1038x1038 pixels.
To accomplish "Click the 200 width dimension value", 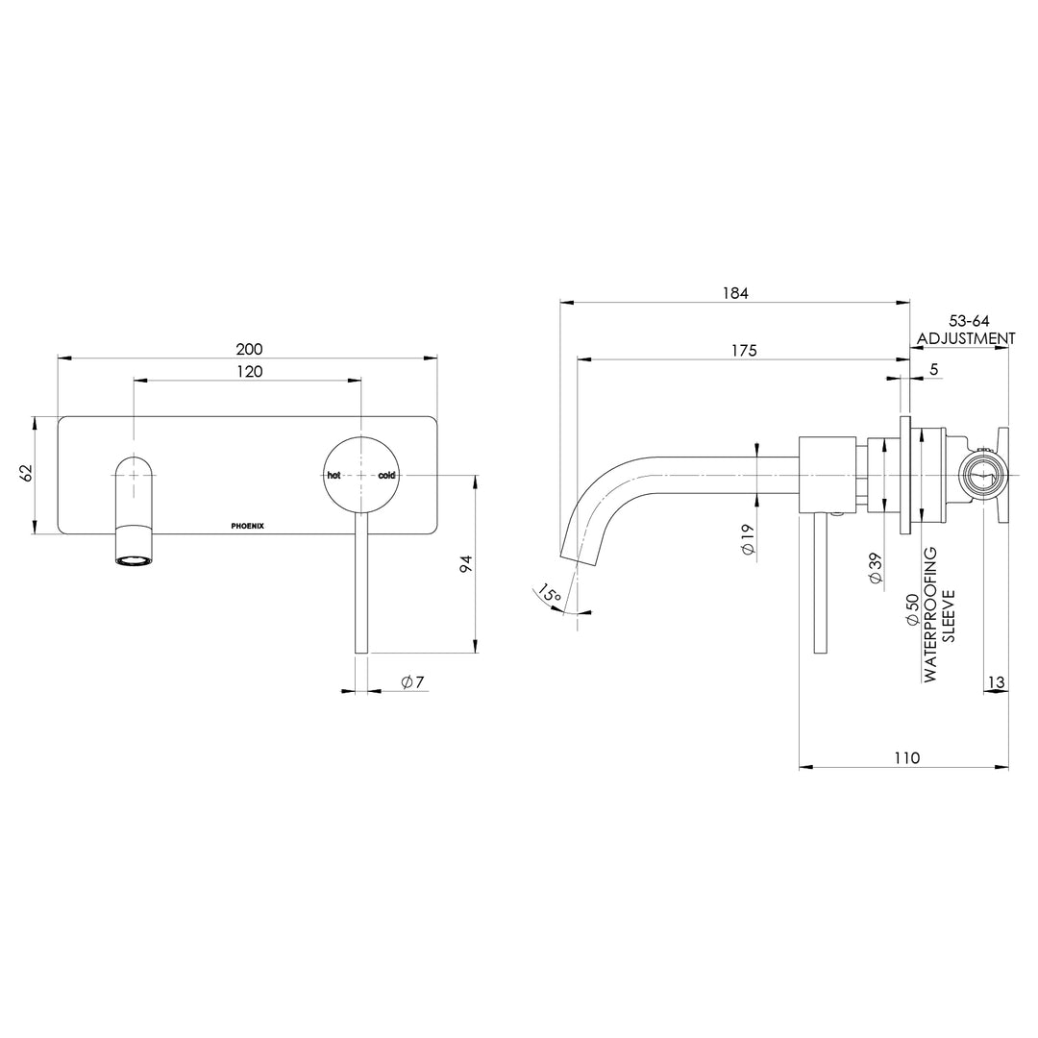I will [249, 348].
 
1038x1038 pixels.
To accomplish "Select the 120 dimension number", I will [249, 371].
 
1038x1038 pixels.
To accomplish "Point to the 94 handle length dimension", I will [465, 565].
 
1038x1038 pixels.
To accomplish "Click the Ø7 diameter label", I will [412, 681].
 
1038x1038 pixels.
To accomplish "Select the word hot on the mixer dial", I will [334, 476].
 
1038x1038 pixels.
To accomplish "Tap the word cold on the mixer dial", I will [386, 476].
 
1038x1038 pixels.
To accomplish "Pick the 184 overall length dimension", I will [735, 292].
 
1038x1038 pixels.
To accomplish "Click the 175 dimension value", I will [743, 351].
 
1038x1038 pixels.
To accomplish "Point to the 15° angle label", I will [550, 595].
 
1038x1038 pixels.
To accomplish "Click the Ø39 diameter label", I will [876, 567].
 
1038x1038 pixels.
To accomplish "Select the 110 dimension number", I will [906, 757].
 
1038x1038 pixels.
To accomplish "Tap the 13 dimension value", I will [996, 681].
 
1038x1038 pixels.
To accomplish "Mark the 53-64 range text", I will [969, 320].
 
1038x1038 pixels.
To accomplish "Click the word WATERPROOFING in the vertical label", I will [930, 615].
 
